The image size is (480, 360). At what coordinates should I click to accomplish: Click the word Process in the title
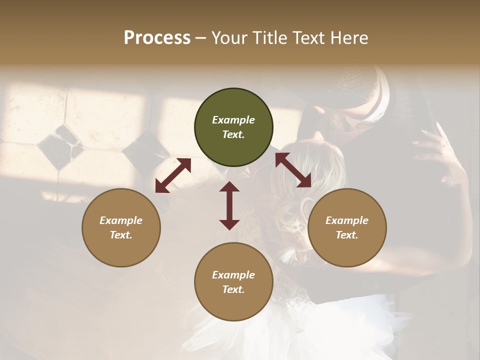pos(157,38)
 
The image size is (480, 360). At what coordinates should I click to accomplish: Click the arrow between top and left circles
pos(173,175)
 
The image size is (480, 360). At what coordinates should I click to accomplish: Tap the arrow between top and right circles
pos(293,170)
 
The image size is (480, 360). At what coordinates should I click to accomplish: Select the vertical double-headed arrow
pos(229,205)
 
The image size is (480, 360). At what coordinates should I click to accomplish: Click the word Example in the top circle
pos(233,120)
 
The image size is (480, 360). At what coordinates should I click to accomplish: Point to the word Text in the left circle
pos(121,235)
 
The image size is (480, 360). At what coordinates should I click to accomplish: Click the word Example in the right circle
pos(347,220)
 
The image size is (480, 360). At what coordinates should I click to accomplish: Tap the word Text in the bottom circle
pos(233,289)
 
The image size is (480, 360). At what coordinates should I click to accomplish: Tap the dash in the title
pos(201,38)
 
